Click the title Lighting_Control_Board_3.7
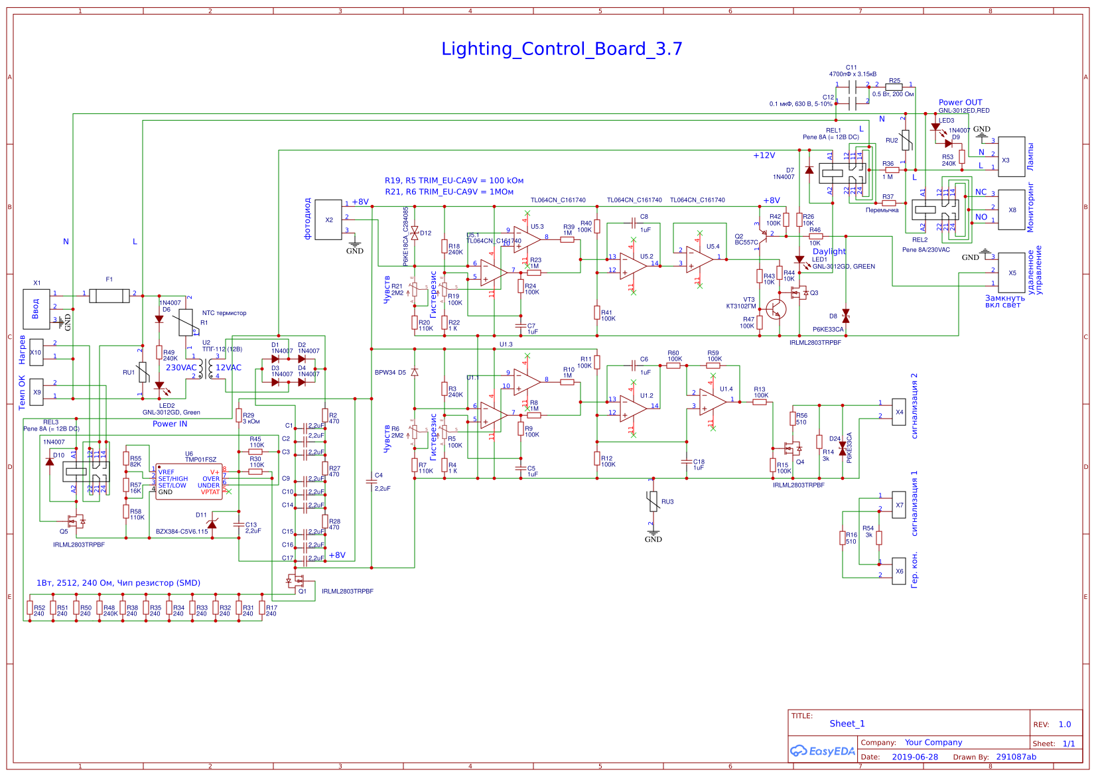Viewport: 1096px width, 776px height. (x=561, y=49)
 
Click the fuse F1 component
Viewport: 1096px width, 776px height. (x=109, y=295)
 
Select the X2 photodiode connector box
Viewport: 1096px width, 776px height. (x=328, y=220)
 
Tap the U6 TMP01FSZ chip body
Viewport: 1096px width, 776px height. (x=188, y=482)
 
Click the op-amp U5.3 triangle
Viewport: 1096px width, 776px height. (x=526, y=239)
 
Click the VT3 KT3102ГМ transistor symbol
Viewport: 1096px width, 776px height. (x=776, y=309)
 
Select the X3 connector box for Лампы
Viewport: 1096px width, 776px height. (x=1011, y=157)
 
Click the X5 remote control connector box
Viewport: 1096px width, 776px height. (x=1011, y=273)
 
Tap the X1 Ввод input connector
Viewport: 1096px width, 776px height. (x=36, y=308)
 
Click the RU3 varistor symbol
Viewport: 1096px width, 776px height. (x=653, y=501)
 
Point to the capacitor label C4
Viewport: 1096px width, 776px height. (x=379, y=476)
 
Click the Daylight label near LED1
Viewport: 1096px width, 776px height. (x=829, y=251)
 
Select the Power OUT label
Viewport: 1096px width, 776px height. (x=960, y=102)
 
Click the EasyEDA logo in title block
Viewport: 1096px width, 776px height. (x=822, y=751)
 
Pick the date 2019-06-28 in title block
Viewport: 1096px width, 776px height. (x=915, y=757)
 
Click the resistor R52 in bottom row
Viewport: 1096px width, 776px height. (x=30, y=609)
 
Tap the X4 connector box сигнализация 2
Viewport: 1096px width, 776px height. (x=899, y=412)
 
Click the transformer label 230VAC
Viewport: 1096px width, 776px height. (x=181, y=367)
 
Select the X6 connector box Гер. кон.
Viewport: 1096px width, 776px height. (x=899, y=571)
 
